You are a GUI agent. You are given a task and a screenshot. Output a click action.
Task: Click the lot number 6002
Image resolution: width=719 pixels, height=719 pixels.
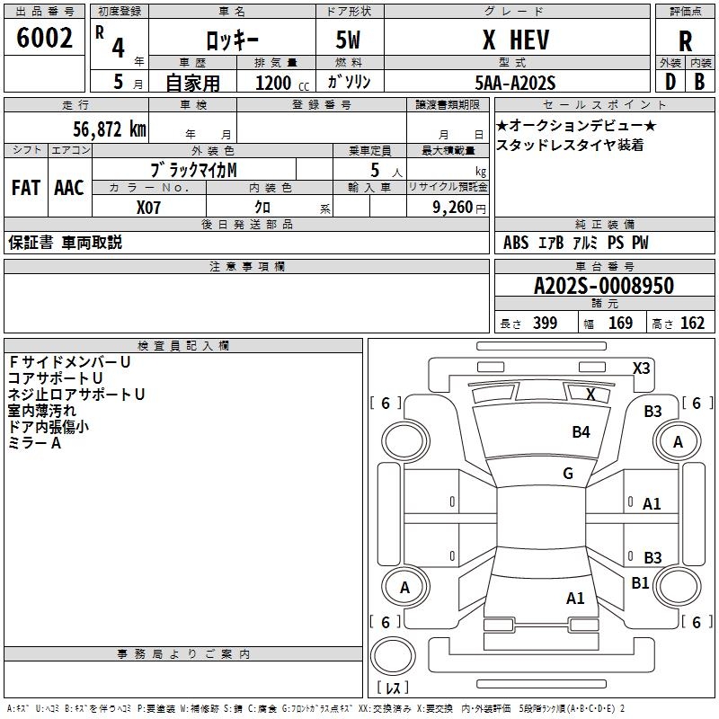pyautogui.click(x=44, y=38)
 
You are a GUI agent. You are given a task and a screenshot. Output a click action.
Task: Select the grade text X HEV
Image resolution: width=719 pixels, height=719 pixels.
pyautogui.click(x=516, y=40)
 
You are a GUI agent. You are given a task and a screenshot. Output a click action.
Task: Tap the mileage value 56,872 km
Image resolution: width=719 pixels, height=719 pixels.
pyautogui.click(x=110, y=129)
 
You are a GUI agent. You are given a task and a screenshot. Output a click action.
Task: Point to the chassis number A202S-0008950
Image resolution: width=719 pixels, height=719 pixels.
pyautogui.click(x=604, y=286)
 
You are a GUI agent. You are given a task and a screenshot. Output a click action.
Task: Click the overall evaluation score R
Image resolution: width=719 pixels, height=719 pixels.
pyautogui.click(x=685, y=41)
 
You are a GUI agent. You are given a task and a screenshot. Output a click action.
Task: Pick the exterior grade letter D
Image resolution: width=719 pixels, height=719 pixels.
pyautogui.click(x=670, y=82)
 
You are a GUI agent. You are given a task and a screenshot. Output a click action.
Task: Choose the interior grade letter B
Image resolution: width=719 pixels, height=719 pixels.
pyautogui.click(x=699, y=82)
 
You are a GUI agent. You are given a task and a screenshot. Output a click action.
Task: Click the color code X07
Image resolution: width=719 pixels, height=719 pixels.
pyautogui.click(x=148, y=208)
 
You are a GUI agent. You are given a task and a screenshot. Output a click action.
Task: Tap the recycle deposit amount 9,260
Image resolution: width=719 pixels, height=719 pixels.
pyautogui.click(x=453, y=208)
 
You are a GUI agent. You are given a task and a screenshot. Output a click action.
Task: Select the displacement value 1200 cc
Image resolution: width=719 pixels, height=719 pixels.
pyautogui.click(x=282, y=83)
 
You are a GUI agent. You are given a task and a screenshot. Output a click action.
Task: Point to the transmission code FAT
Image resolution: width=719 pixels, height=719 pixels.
pyautogui.click(x=26, y=188)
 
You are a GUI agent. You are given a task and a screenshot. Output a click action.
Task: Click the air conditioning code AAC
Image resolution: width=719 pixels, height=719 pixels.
pyautogui.click(x=69, y=188)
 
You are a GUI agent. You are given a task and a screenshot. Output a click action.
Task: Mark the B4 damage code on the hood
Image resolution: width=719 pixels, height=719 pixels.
pyautogui.click(x=581, y=432)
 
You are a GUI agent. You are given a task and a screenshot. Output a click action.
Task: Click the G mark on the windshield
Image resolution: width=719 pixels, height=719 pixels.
pyautogui.click(x=568, y=474)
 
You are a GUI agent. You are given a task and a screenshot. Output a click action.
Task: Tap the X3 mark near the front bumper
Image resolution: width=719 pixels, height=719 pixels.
pyautogui.click(x=641, y=368)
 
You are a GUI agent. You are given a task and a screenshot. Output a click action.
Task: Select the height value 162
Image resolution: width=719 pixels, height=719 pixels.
pyautogui.click(x=692, y=323)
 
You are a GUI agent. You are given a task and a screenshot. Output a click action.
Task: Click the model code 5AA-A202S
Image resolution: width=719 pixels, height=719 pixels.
pyautogui.click(x=515, y=83)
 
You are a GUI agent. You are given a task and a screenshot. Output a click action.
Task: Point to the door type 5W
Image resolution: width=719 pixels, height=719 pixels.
pyautogui.click(x=348, y=40)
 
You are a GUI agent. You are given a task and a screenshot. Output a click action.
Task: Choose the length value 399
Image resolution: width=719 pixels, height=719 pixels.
pyautogui.click(x=546, y=323)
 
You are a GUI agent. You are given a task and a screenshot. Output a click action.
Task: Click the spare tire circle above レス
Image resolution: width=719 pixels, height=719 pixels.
pyautogui.click(x=393, y=656)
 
